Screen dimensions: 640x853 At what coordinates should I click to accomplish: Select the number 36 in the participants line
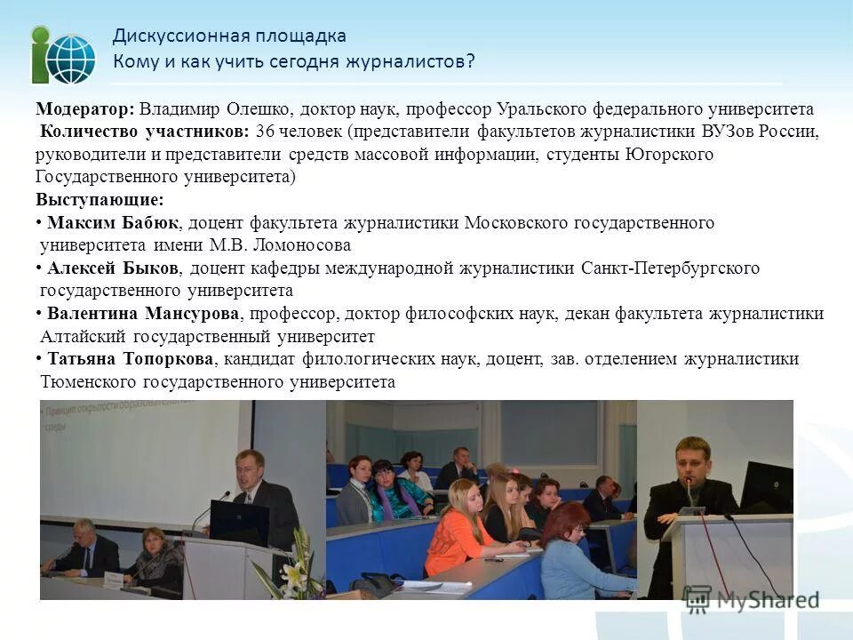tap(264, 132)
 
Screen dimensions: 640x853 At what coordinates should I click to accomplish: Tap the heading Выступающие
tap(100, 200)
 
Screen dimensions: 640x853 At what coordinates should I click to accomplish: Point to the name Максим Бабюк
tap(113, 222)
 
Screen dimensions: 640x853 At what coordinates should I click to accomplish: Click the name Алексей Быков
tap(114, 268)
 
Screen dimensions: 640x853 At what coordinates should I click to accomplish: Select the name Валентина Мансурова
tap(144, 314)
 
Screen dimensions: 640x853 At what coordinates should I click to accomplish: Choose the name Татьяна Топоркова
tap(130, 359)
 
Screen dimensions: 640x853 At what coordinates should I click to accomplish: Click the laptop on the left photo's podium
tap(239, 523)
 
